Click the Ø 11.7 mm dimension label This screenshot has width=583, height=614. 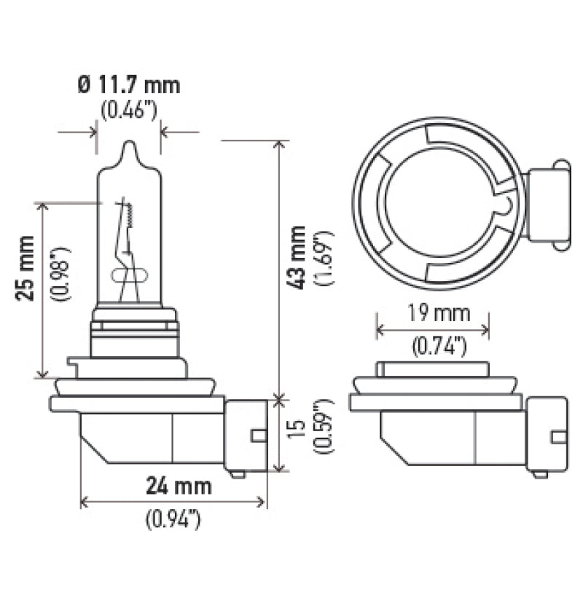(x=128, y=85)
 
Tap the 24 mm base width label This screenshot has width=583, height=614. (x=177, y=486)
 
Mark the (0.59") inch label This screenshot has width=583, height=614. (x=324, y=427)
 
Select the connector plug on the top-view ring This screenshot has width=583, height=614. (x=547, y=205)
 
